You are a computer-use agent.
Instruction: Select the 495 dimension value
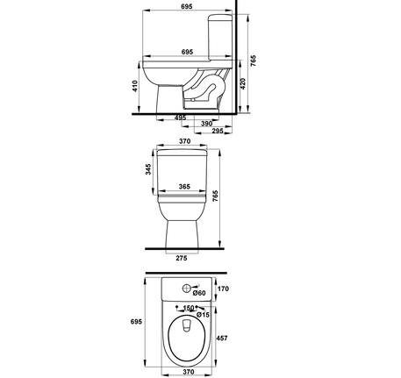click(180, 118)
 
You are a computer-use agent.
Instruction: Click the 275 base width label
click(183, 259)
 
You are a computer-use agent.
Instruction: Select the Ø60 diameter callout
click(199, 293)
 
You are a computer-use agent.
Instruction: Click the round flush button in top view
click(185, 289)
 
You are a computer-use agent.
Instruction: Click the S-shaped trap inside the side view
click(207, 89)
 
